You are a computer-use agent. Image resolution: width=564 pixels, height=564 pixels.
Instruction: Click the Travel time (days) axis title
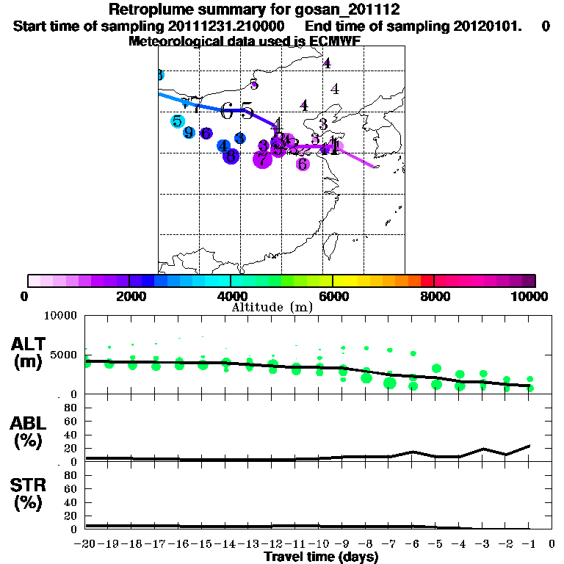pos(321,557)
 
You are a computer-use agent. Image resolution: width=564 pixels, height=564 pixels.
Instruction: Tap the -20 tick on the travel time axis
pos(87,544)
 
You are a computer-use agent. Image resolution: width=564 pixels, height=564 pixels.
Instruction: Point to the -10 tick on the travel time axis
pos(319,544)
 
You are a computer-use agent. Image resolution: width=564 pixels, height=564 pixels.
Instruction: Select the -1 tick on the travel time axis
pos(529,544)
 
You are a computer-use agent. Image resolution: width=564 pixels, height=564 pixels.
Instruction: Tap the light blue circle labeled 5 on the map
pos(177,121)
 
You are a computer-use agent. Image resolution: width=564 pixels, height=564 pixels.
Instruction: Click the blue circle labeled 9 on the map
pos(189,133)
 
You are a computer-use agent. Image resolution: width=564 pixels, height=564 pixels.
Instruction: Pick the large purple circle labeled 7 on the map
pos(262,158)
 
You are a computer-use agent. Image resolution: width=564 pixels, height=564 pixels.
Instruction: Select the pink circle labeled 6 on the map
pos(303,164)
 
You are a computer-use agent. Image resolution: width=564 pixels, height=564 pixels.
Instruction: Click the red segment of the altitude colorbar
pos(427,281)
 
